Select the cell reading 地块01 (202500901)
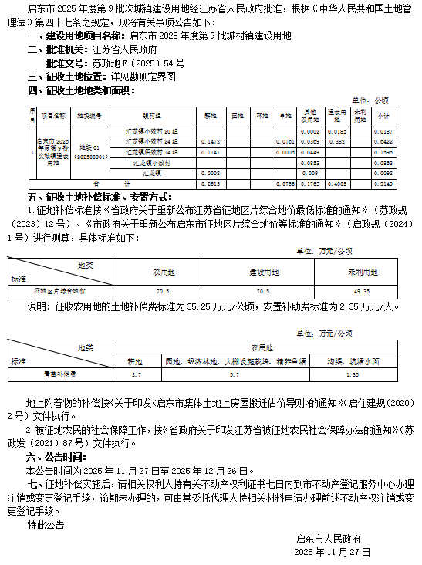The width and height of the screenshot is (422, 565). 90,152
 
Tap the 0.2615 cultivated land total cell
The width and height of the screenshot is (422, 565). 209,184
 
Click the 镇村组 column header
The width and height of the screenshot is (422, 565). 150,114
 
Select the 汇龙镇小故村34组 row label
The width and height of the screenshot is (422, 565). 150,141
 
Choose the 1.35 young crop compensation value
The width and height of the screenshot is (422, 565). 352,374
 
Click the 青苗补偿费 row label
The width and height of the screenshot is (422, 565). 59,374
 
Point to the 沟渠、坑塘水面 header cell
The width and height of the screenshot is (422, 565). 352,360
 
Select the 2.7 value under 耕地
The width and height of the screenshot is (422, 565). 137,374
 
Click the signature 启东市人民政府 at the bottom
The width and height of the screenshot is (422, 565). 328,538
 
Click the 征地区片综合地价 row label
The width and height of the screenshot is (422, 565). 59,290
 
